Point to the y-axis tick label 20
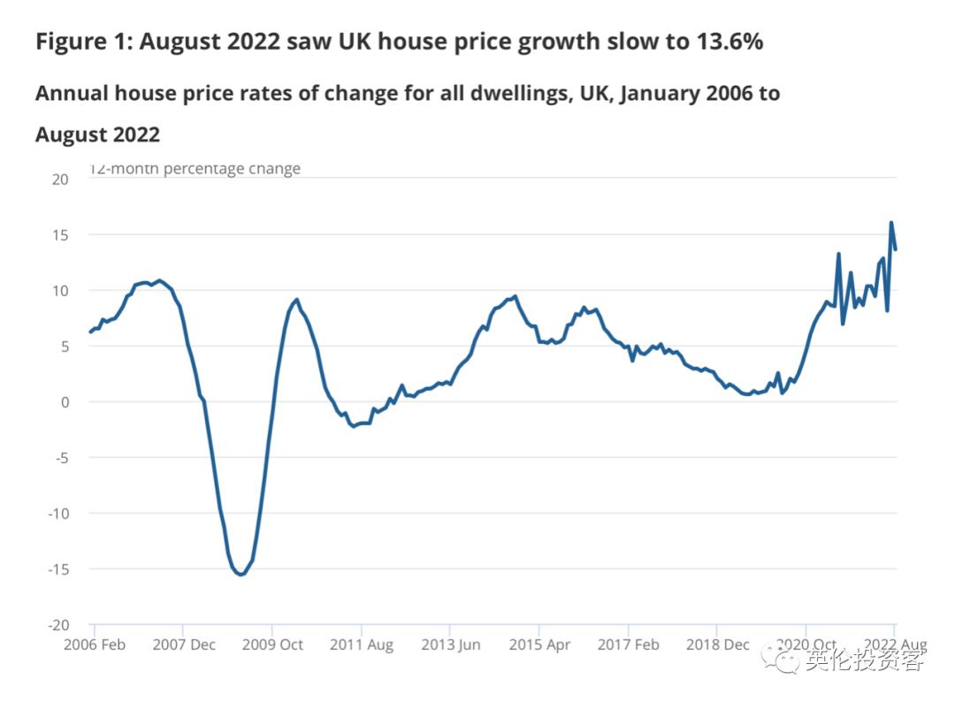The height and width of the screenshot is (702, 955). (60, 179)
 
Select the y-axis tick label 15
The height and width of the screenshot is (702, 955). (60, 235)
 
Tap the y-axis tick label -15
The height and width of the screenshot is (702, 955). (57, 569)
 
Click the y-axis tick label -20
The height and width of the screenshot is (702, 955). (57, 625)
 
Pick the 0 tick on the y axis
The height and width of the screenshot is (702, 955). (64, 402)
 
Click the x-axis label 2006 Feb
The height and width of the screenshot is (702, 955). (95, 645)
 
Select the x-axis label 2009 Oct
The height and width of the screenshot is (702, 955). (271, 645)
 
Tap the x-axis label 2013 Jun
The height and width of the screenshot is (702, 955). (450, 645)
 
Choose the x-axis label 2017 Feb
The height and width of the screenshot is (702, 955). (628, 645)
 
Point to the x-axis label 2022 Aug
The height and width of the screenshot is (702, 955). (894, 645)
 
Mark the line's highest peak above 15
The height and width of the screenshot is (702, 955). (891, 223)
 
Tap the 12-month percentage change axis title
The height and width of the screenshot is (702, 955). (195, 168)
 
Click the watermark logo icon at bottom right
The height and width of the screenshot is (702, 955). (783, 659)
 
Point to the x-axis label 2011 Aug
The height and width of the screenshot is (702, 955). (361, 645)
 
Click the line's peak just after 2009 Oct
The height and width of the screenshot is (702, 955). (296, 300)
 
